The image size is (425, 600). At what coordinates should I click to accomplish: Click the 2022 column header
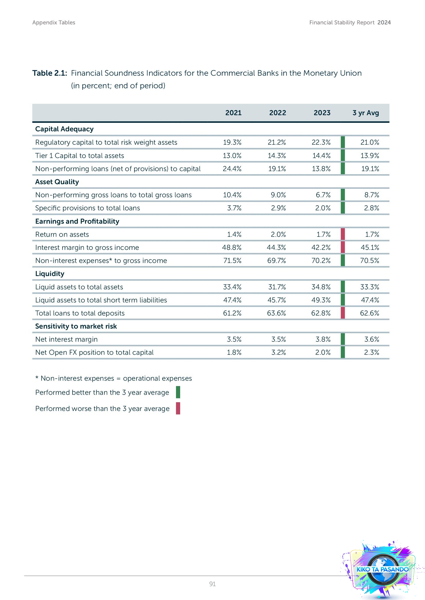coord(278,113)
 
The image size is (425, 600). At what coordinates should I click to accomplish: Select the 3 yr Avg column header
coord(366,113)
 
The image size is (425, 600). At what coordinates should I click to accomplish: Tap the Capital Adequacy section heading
coord(64,129)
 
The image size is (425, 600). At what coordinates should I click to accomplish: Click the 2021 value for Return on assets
coord(234,234)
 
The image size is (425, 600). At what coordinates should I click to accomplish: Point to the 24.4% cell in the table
coord(232,169)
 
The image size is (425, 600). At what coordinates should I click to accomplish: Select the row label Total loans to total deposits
coord(80,313)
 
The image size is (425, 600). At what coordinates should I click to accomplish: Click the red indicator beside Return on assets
coord(343,234)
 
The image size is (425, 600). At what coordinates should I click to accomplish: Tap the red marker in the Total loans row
coord(343,313)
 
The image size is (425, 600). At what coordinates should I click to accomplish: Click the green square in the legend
coord(178,392)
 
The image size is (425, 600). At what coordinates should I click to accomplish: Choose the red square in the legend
coord(178,408)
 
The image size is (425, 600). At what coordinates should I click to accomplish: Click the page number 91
coord(212,584)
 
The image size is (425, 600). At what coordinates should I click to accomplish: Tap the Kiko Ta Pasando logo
coord(382,569)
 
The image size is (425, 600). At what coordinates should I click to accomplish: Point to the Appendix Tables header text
coord(54,23)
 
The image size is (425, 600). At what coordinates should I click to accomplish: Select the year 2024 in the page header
coord(384,23)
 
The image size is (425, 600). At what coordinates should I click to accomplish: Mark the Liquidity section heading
coord(50,274)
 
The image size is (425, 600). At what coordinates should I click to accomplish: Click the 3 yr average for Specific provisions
coord(371,208)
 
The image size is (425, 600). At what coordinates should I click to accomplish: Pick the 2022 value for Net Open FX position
coord(278,352)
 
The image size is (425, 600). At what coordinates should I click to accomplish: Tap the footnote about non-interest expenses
coord(114,378)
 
